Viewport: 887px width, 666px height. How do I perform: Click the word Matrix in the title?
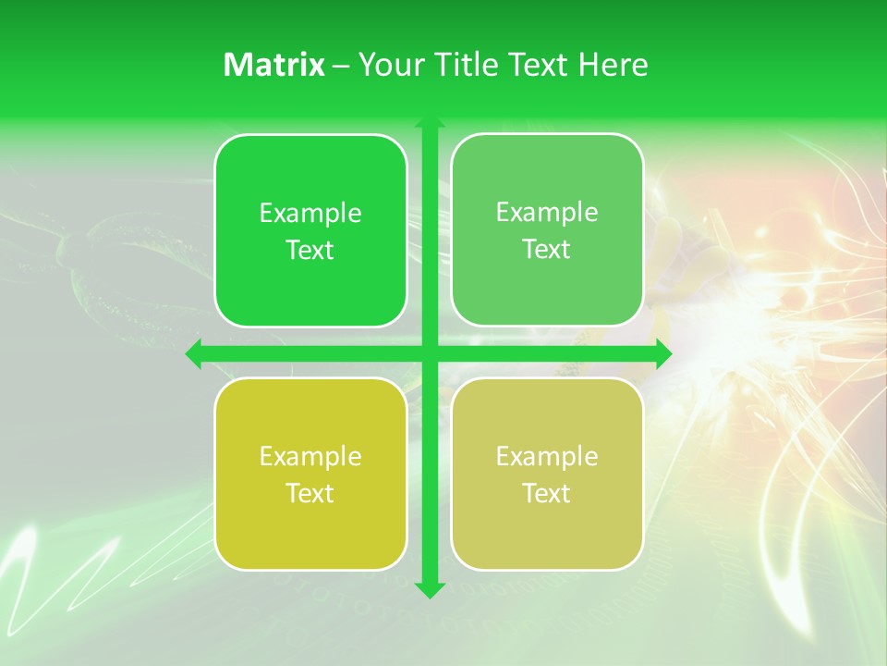point(274,65)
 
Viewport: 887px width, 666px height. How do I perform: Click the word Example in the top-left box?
point(310,214)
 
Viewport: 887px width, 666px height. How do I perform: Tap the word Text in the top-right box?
point(547,250)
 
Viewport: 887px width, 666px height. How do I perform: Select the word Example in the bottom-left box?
point(310,457)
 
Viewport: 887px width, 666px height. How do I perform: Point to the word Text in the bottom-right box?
point(547,494)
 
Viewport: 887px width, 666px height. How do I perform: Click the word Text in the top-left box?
point(310,251)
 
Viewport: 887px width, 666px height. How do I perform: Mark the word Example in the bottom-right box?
point(547,457)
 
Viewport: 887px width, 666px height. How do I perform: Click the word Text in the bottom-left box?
point(310,494)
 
